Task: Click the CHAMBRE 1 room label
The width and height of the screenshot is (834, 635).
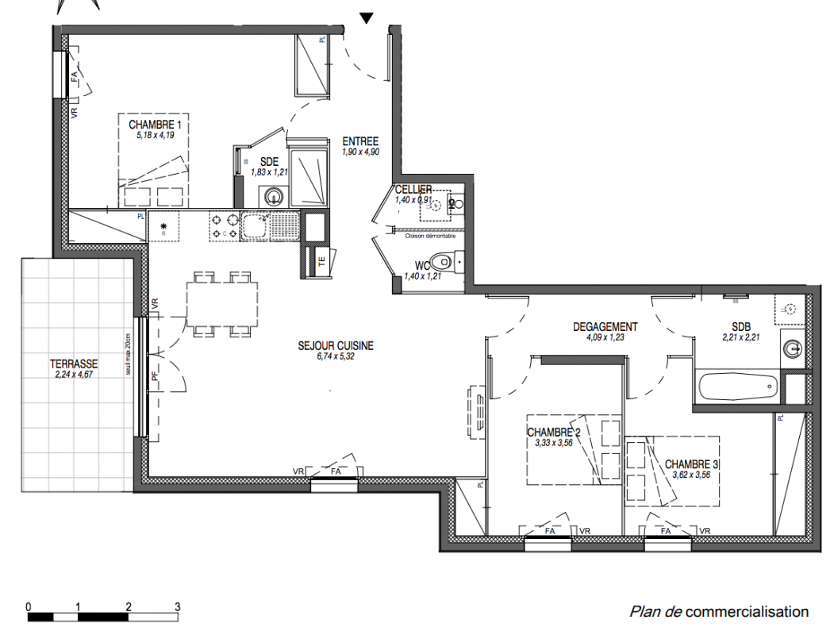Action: coord(156,125)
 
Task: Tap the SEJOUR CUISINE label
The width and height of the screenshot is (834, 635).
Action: coord(335,346)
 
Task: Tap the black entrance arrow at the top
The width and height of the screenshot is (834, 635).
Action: coord(366,17)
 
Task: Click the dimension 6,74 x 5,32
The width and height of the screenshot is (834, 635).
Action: coord(335,357)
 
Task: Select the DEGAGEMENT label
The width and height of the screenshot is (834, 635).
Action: coord(605,327)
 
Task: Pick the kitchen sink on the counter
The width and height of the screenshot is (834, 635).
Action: coord(256,226)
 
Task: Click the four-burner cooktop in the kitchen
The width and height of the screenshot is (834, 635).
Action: coord(223,226)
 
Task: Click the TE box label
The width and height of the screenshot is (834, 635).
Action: coord(321,260)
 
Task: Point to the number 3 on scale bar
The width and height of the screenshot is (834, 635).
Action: coord(177,606)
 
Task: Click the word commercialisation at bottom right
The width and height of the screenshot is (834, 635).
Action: coord(747,612)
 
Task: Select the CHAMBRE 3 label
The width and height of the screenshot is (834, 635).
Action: coord(692,464)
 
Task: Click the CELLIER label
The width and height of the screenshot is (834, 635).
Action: coord(413,190)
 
